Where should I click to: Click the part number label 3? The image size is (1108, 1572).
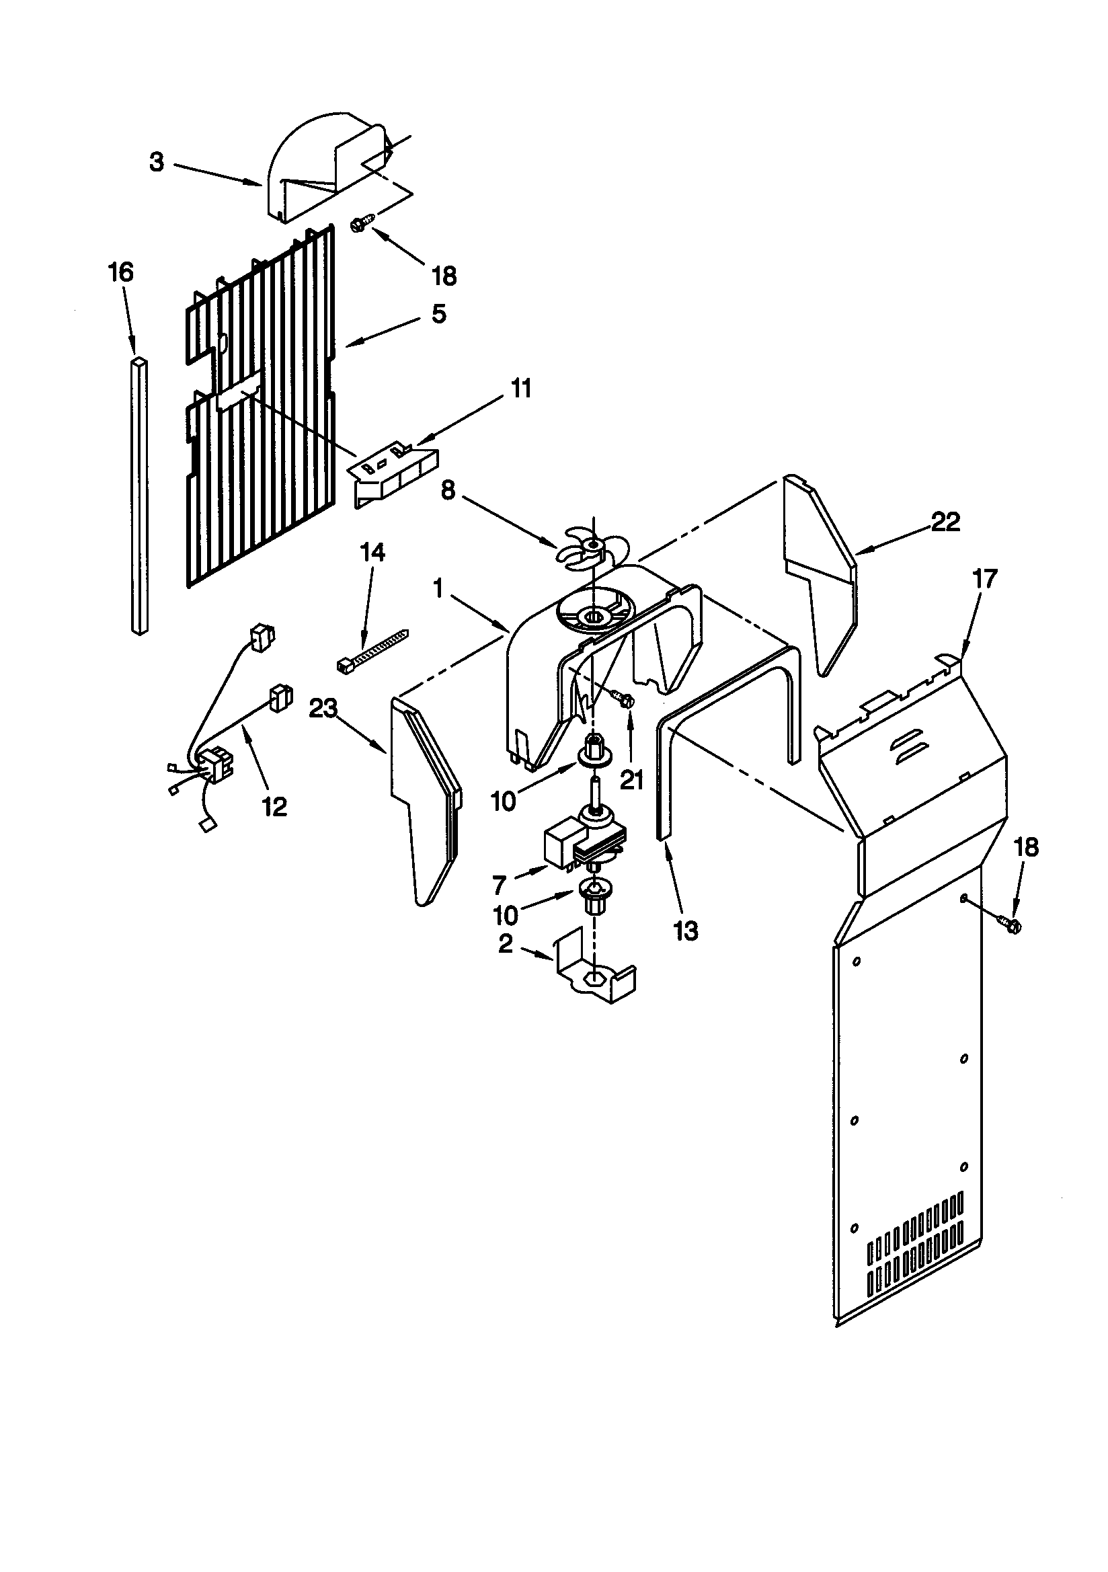point(157,162)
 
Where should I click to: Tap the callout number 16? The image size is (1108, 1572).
point(120,272)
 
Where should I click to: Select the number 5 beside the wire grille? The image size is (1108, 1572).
point(439,314)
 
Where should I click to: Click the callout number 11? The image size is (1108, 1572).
point(521,389)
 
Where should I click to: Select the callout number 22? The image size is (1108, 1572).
point(946,522)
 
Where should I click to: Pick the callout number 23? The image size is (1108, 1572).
point(323,709)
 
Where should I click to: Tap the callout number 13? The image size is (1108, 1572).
point(686,931)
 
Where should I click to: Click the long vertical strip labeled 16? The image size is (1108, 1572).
point(139,496)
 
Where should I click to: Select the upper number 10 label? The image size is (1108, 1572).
point(504,801)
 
